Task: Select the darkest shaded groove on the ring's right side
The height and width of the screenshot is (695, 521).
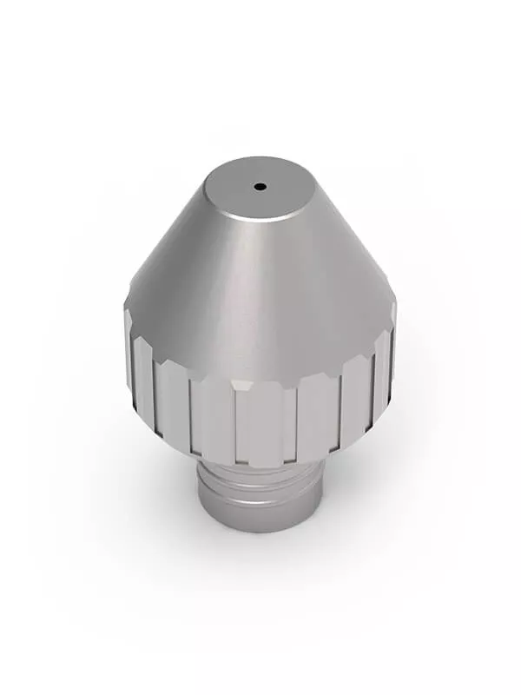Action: click(369, 391)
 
